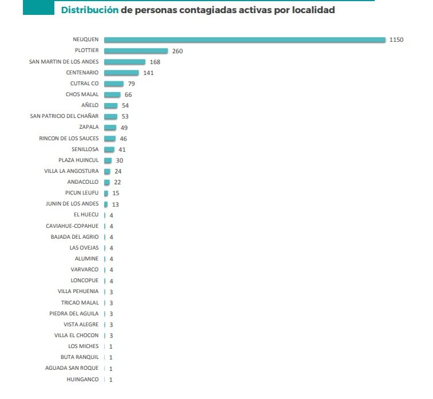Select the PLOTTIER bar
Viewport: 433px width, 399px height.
pos(136,51)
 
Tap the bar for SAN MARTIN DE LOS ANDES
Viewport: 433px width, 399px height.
pos(125,62)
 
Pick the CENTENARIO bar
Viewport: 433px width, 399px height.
pos(121,73)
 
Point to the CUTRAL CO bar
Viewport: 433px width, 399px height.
pos(113,84)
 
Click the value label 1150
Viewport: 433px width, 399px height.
pos(396,40)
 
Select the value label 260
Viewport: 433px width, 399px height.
pos(177,51)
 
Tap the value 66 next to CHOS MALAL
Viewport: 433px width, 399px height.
pos(128,94)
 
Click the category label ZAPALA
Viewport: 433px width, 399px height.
pos(89,127)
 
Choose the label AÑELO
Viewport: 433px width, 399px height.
pos(90,105)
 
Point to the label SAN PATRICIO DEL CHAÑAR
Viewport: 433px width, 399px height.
pos(64,116)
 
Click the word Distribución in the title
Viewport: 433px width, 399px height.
pos(90,10)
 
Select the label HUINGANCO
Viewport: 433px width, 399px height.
pos(82,379)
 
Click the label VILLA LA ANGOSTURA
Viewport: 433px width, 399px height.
pos(71,171)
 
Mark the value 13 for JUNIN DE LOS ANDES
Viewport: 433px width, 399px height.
pos(116,204)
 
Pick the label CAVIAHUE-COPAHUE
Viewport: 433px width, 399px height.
pos(72,226)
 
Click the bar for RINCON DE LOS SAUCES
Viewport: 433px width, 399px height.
pos(109,139)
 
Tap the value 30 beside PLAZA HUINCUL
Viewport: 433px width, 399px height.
pos(120,160)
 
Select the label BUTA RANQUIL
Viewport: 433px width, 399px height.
pos(80,357)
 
